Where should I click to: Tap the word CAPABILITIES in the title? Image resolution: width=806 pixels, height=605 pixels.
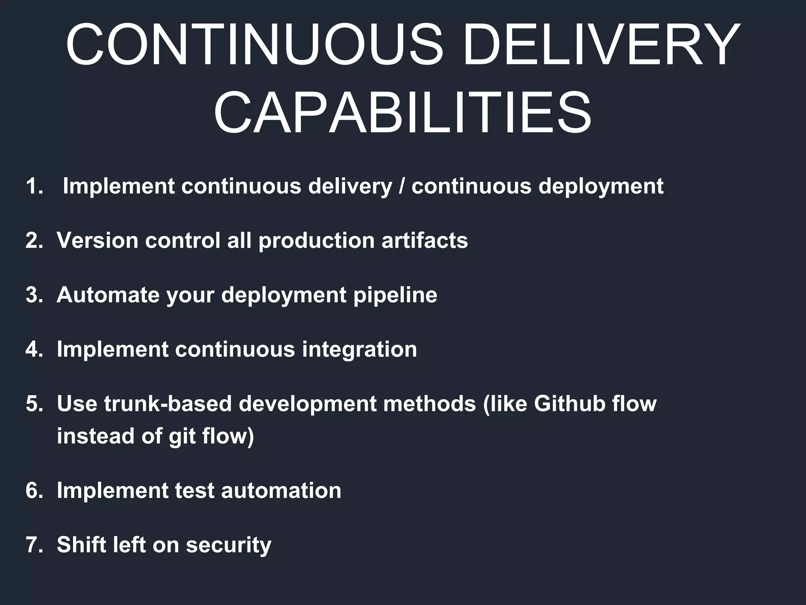(x=403, y=113)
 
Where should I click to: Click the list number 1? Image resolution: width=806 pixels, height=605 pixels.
(x=34, y=186)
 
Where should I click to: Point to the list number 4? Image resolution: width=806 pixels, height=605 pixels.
(x=34, y=349)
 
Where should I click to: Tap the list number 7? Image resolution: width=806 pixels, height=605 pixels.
(x=34, y=545)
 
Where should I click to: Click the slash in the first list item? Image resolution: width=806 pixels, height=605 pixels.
(x=401, y=186)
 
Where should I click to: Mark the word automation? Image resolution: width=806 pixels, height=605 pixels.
(x=281, y=491)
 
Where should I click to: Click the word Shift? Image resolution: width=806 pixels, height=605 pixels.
(x=81, y=545)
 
